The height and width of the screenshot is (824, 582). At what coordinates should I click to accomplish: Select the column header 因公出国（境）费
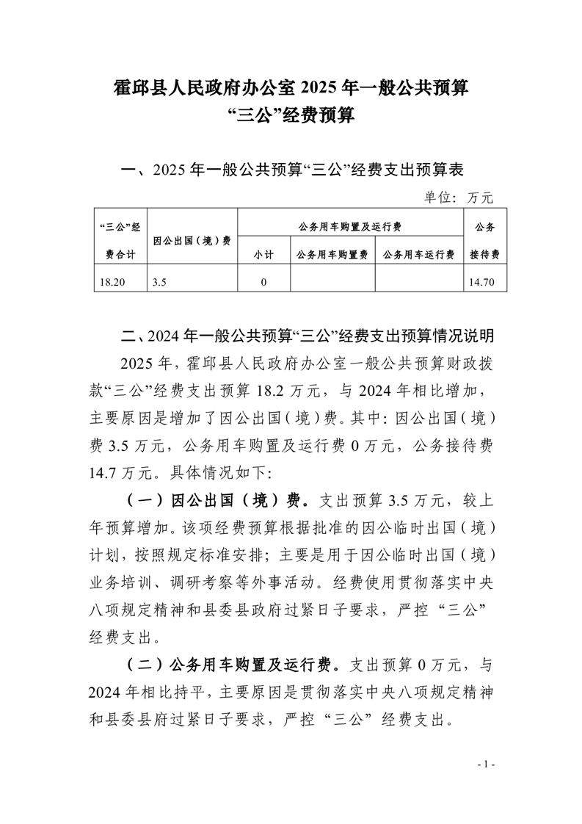[192, 240]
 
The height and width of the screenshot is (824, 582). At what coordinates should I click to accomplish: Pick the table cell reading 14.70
[484, 281]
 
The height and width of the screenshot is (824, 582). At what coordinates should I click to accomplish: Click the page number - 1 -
[486, 765]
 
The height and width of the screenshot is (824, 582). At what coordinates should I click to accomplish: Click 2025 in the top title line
[317, 88]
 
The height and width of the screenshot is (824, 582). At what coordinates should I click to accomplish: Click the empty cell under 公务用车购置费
[332, 281]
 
